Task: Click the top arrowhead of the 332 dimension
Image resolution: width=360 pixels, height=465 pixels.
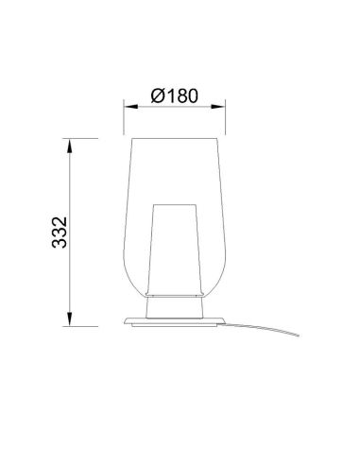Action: coord(71,143)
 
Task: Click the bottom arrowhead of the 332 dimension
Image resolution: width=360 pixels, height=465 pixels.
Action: coord(71,320)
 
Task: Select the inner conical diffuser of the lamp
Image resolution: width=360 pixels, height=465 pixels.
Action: coord(175,250)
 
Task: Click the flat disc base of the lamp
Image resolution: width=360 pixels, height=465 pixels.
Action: coord(175,321)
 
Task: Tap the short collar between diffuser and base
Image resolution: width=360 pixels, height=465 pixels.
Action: coord(175,308)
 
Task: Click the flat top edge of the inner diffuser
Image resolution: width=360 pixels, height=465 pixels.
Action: coord(175,201)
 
